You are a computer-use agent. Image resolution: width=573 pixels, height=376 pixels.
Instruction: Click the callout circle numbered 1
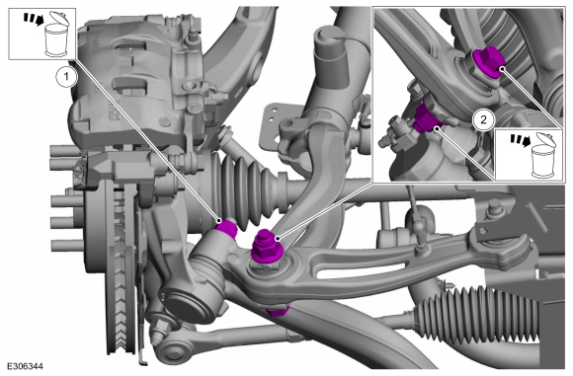click(x=66, y=77)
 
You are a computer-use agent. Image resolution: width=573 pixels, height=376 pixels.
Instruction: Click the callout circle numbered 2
click(x=483, y=119)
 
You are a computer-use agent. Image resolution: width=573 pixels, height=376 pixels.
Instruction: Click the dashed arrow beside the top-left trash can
click(x=33, y=20)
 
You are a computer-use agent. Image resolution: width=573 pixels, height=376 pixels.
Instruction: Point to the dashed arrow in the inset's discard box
click(x=521, y=141)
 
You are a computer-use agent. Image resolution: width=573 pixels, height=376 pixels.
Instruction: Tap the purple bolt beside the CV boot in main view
click(x=228, y=228)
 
